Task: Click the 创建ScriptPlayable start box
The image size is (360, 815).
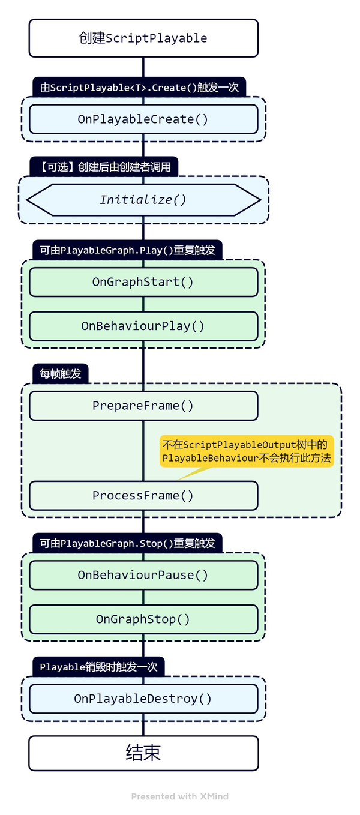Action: click(143, 38)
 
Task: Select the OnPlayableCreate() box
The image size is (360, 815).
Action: click(143, 119)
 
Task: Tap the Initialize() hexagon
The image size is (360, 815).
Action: click(143, 200)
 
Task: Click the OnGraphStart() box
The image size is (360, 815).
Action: click(143, 282)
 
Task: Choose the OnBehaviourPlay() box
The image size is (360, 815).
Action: click(143, 326)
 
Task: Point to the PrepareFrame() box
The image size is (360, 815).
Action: click(143, 406)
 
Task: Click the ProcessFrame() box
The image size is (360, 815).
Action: click(143, 496)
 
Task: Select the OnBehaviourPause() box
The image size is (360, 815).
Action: click(143, 575)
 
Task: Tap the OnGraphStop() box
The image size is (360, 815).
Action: click(143, 619)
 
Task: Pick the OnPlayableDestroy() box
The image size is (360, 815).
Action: click(143, 699)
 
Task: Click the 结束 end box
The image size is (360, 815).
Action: click(143, 753)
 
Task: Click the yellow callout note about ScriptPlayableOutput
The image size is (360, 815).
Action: click(247, 451)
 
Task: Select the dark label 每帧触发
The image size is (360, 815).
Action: click(61, 374)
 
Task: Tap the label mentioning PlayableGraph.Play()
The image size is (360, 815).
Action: click(127, 250)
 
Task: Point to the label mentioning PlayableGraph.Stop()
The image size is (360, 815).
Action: click(127, 543)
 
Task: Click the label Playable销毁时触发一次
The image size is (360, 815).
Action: click(98, 667)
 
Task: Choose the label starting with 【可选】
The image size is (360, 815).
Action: click(104, 167)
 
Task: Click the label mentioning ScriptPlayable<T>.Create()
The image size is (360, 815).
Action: click(139, 88)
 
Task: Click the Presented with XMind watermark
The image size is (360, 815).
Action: click(179, 796)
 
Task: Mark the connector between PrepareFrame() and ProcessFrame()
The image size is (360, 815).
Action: click(143, 450)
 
